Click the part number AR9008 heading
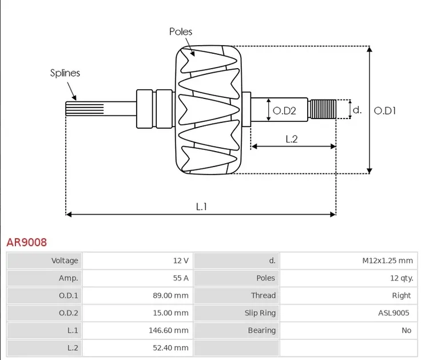pyautogui.click(x=27, y=242)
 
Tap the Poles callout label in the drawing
pyautogui.click(x=181, y=31)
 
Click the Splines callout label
pyautogui.click(x=65, y=73)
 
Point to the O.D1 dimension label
pyautogui.click(x=385, y=110)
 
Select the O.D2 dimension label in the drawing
pyautogui.click(x=284, y=110)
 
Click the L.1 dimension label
pyautogui.click(x=201, y=207)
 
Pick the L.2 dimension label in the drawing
pyautogui.click(x=292, y=139)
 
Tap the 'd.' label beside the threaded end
pyautogui.click(x=357, y=109)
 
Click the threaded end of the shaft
pyautogui.click(x=323, y=109)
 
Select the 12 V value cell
pyautogui.click(x=181, y=260)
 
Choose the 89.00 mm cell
pyautogui.click(x=172, y=295)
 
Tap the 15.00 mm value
pyautogui.click(x=172, y=313)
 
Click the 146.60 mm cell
pyautogui.click(x=170, y=330)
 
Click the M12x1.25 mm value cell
pyautogui.click(x=387, y=260)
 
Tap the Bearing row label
pyautogui.click(x=261, y=330)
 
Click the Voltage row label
pyautogui.click(x=65, y=260)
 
